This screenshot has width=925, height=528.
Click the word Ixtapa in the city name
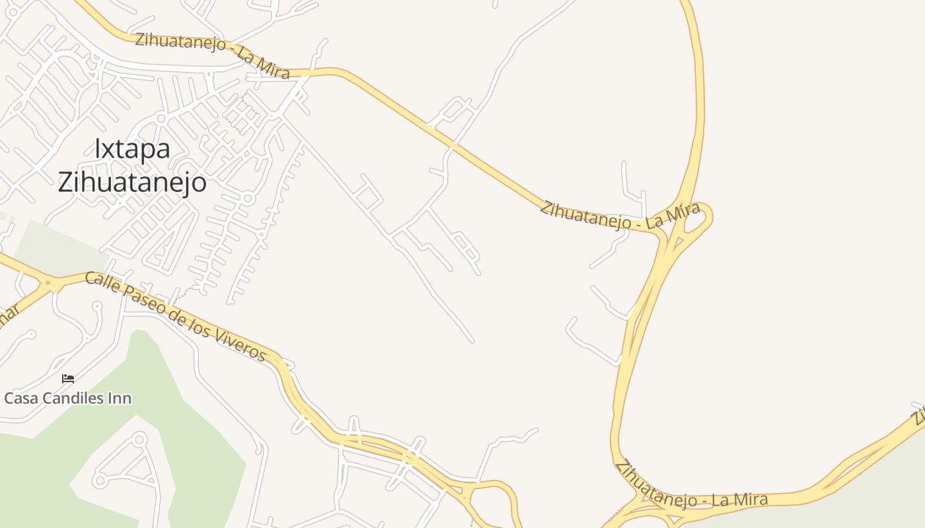[x=132, y=149]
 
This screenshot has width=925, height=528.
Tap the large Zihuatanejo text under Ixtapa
[x=132, y=182]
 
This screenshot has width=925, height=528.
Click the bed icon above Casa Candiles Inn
[x=67, y=379]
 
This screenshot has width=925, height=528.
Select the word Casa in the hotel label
[x=20, y=399]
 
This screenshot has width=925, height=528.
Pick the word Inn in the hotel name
[x=120, y=399]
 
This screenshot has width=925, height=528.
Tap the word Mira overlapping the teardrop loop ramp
[x=683, y=215]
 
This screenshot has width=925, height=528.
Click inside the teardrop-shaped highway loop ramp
[x=697, y=218]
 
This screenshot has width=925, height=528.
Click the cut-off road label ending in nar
[x=7, y=318]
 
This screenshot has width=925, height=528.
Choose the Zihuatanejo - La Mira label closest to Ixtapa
[x=212, y=55]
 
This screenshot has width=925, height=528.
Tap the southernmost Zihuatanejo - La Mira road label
[x=691, y=488]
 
